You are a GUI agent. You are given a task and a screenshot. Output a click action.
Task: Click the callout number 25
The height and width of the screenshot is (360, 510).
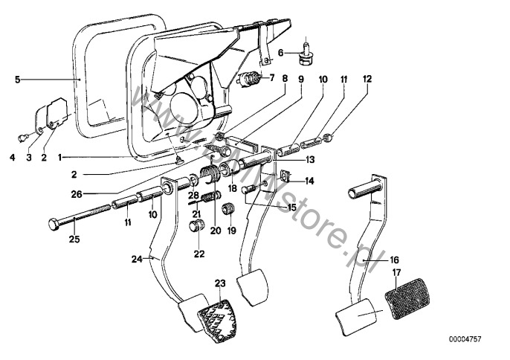[73, 239]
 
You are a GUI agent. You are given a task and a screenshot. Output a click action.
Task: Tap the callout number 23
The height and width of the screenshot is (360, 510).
[219, 283]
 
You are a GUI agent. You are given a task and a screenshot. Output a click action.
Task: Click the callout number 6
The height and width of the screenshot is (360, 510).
[281, 52]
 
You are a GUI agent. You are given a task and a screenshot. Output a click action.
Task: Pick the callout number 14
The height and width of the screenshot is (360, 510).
[310, 180]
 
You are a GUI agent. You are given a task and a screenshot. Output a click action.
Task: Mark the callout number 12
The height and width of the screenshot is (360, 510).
[367, 78]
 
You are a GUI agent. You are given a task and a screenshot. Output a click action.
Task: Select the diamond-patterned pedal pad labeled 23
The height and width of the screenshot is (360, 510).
[219, 315]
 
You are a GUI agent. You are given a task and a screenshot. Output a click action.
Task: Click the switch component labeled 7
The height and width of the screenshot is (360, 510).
[250, 79]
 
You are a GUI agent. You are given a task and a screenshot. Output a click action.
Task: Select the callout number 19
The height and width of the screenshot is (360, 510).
[229, 231]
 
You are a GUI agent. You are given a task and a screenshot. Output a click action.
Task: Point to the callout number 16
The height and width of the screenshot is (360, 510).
[395, 260]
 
